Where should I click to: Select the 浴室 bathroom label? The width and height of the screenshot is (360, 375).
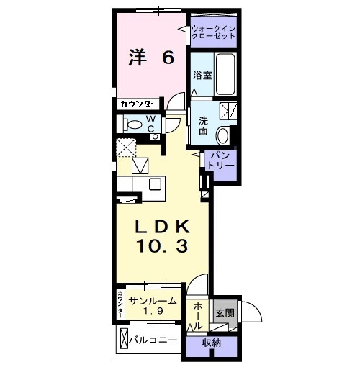click(x=202, y=75)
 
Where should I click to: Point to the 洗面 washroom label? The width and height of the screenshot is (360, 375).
click(x=203, y=125)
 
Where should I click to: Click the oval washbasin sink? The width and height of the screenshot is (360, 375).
click(x=223, y=134)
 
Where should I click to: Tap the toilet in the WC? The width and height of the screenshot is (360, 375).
click(x=134, y=124)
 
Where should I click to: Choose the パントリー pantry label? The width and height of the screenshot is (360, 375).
click(x=221, y=160)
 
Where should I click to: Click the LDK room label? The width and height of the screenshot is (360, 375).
click(x=163, y=225)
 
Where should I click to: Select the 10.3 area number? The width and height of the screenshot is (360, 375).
click(x=163, y=247)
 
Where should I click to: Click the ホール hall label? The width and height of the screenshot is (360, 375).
click(x=197, y=315)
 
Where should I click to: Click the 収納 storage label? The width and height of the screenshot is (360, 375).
click(x=211, y=343)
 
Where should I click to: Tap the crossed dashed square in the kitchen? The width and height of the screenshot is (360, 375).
click(x=127, y=148)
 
